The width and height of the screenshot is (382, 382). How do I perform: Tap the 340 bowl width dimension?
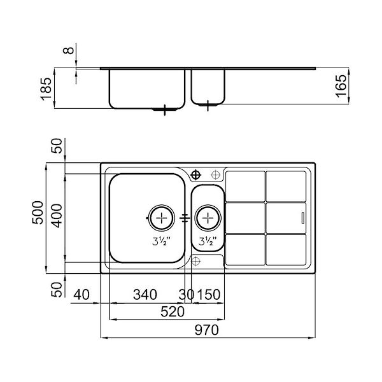click(x=145, y=295)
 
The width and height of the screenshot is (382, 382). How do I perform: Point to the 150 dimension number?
click(x=209, y=295)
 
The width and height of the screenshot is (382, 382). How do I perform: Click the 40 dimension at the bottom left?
click(x=81, y=295)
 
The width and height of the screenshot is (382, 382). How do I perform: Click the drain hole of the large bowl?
click(x=162, y=218)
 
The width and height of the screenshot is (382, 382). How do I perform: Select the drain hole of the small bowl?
click(x=208, y=218)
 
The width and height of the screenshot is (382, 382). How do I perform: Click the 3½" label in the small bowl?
click(x=207, y=241)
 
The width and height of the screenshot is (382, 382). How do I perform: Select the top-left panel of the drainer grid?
click(x=246, y=185)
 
